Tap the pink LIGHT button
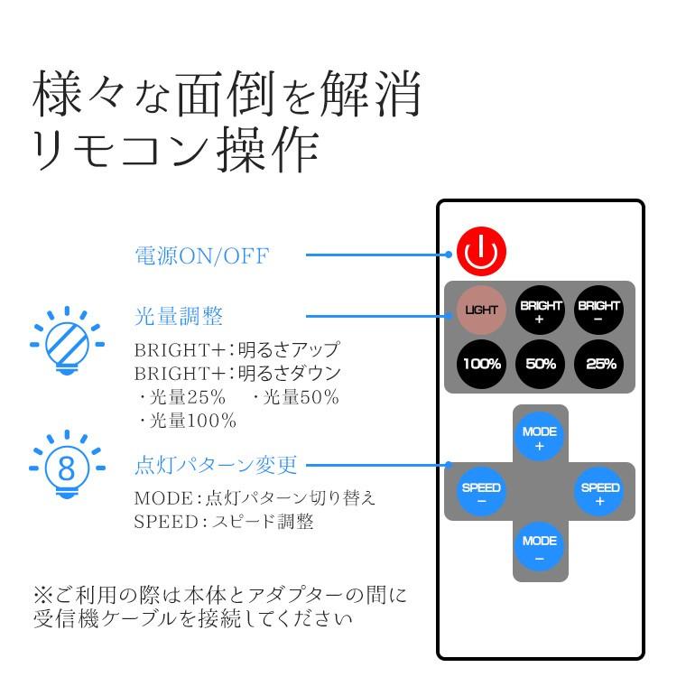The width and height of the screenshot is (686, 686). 481,310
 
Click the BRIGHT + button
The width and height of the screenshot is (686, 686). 541,310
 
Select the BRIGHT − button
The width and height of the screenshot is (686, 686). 598,310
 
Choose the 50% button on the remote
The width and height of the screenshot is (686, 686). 541,364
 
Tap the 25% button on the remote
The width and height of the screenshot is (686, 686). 598,364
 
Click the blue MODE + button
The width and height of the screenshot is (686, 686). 540,437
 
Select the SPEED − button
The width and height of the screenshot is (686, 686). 481,492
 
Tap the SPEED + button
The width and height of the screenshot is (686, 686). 599,492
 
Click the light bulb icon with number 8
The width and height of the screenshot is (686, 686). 67,465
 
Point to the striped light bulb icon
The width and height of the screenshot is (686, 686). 67,341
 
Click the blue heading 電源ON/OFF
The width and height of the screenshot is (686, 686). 201,255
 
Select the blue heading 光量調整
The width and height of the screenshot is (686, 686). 179,316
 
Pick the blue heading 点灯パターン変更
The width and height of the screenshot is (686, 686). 216,465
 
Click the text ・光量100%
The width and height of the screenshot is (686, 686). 186,421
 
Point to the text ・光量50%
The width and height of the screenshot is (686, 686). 295,397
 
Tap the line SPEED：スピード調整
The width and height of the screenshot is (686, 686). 224,521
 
